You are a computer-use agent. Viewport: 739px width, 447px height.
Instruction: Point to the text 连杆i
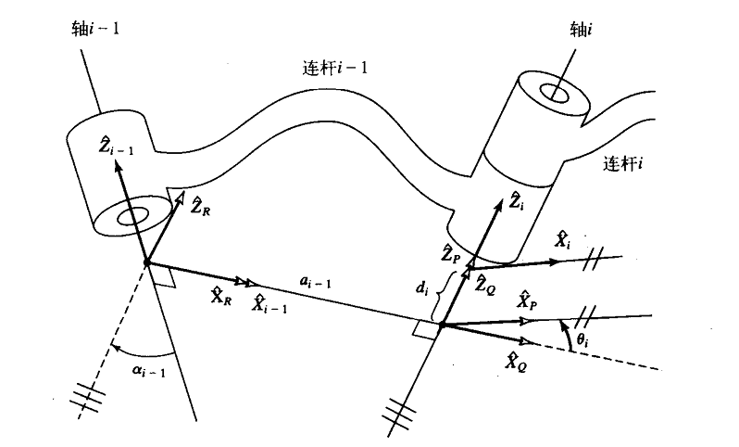[623, 164]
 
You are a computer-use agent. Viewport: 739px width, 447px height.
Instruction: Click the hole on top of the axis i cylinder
[558, 94]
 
